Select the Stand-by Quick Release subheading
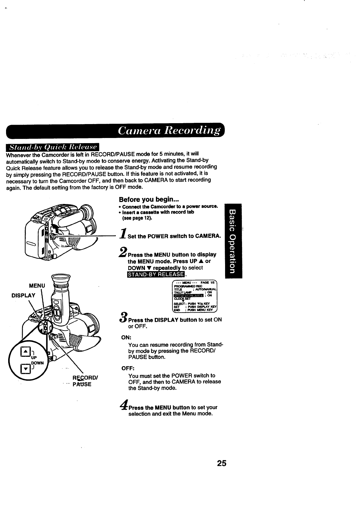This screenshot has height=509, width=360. (x=53, y=147)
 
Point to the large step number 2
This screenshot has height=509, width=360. (x=123, y=252)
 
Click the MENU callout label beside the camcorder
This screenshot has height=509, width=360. (x=37, y=285)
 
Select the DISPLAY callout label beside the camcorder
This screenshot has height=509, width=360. (x=23, y=296)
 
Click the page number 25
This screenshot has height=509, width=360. (x=221, y=463)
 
